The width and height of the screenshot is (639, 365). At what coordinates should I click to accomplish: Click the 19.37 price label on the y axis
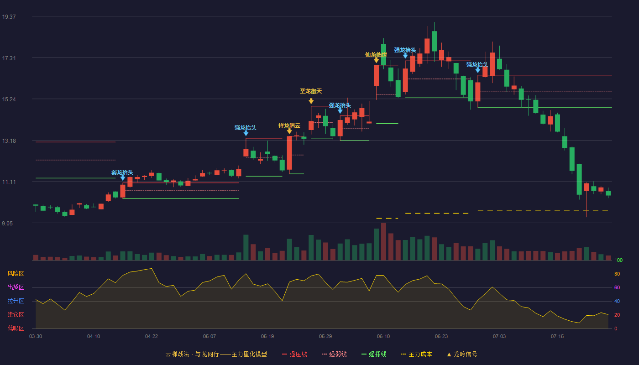9,16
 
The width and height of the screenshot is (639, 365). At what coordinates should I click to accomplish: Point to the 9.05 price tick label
7,223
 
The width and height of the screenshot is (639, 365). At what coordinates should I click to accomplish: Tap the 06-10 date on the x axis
383,336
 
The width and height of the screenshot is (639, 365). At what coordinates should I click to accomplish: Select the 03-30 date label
36,336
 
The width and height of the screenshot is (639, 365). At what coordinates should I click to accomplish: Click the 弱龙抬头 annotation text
122,172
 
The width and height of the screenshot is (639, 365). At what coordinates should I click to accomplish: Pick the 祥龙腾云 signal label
289,126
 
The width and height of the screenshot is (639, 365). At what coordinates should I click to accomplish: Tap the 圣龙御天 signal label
311,91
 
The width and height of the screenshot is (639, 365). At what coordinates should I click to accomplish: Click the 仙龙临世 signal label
376,54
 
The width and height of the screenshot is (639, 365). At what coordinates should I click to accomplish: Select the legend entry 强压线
294,354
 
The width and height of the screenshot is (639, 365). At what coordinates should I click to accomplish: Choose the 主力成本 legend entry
416,354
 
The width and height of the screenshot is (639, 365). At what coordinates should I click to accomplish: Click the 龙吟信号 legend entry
462,354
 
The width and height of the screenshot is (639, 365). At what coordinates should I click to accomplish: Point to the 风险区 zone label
16,273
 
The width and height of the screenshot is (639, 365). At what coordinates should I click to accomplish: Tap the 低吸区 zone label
16,328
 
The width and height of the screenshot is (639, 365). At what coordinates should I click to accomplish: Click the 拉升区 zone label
16,301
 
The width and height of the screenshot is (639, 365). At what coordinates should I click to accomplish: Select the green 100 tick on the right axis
618,260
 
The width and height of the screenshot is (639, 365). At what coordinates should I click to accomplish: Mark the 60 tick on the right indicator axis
617,287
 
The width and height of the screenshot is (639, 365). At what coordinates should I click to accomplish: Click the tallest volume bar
384,241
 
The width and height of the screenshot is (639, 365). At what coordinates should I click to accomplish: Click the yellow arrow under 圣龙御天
311,101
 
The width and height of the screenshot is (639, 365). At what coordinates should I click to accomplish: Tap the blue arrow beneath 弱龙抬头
123,178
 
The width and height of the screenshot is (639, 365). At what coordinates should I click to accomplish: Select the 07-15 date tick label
557,336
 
